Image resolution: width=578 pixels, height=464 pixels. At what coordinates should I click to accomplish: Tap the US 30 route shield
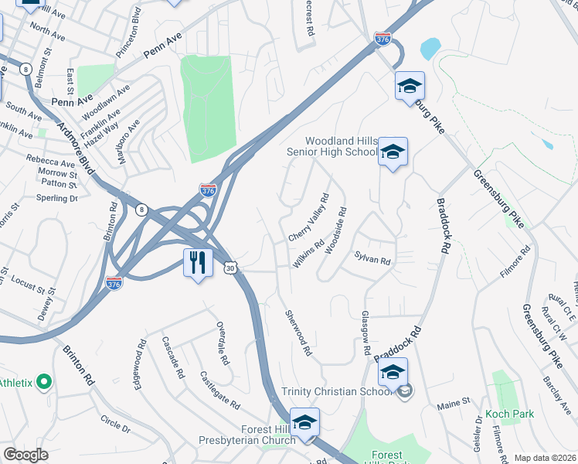click(x=231, y=267)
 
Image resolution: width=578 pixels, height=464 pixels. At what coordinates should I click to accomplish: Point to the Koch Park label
click(x=509, y=414)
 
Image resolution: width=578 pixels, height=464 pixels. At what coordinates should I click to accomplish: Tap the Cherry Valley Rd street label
click(x=308, y=218)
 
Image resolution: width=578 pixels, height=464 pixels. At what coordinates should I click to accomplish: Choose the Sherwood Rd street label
click(x=297, y=332)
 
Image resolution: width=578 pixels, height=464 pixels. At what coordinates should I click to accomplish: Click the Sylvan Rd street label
click(x=372, y=260)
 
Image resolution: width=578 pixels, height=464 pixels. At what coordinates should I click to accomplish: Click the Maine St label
click(x=454, y=403)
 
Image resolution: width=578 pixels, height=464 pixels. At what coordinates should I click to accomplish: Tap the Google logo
click(x=25, y=455)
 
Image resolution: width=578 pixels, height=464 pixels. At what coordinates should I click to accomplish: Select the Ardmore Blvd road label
click(x=75, y=146)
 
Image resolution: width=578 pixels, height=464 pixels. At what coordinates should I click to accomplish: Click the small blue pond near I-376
click(x=430, y=49)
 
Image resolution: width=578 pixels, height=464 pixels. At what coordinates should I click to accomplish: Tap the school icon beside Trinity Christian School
click(x=393, y=374)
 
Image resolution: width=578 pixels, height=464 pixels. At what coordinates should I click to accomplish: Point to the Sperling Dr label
click(x=57, y=198)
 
